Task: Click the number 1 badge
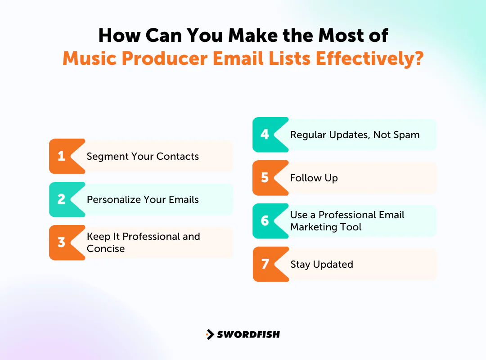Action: (x=62, y=156)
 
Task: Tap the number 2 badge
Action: (x=62, y=199)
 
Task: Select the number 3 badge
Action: (x=62, y=243)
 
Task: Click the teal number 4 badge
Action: (x=265, y=135)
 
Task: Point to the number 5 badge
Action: (x=265, y=178)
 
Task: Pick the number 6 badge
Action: (x=265, y=221)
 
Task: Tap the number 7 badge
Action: (x=265, y=264)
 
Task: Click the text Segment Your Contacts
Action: (x=143, y=157)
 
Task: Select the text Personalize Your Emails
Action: (x=143, y=200)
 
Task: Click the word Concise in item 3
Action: (x=106, y=249)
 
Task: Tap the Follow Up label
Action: (x=314, y=178)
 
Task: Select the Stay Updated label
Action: (x=321, y=265)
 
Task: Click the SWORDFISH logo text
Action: (x=248, y=334)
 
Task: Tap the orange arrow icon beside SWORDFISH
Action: (x=210, y=334)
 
